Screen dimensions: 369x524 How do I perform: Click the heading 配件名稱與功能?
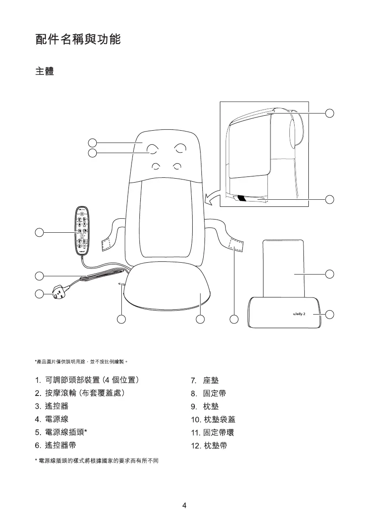tap(78, 40)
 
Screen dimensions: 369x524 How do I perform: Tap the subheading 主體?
tap(44, 71)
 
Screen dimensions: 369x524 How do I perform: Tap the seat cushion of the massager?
tap(167, 290)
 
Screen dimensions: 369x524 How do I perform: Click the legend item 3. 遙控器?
tap(51, 405)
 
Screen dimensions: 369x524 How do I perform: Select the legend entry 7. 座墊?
tap(205, 380)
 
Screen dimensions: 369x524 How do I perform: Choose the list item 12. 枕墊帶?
tap(209, 446)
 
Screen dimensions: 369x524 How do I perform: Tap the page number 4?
tap(185, 505)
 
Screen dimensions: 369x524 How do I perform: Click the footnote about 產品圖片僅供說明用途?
tap(81, 362)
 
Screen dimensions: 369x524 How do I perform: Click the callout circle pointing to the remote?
tap(39, 232)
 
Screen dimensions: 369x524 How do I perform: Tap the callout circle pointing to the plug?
tap(39, 294)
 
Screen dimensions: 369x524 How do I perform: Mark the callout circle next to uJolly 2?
tap(330, 314)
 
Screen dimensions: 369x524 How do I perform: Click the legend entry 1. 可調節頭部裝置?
tap(88, 380)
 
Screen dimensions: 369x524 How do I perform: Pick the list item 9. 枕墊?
tap(205, 406)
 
